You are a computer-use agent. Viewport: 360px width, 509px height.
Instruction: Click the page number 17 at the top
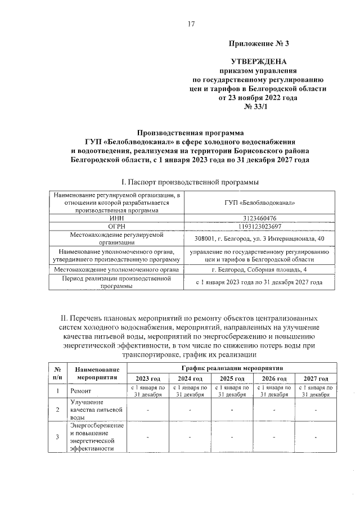click(x=191, y=24)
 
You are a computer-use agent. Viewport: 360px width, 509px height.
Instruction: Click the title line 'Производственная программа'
click(x=191, y=133)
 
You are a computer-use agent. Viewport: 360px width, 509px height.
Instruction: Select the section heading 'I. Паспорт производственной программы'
click(x=191, y=182)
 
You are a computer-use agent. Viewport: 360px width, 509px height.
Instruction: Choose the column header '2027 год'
click(x=315, y=379)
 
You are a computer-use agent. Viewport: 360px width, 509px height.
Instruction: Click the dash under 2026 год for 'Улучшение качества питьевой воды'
click(x=273, y=409)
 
